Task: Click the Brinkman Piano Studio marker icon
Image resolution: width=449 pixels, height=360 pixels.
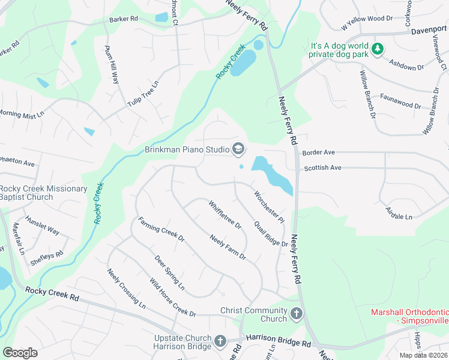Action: coord(238,149)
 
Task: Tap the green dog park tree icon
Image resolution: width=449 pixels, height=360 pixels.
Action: coord(378,49)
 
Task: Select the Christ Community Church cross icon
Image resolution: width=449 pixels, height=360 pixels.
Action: coord(297,314)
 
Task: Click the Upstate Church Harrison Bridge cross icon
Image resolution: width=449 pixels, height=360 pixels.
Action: coord(220,342)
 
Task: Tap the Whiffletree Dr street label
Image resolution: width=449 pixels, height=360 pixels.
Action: coord(224,215)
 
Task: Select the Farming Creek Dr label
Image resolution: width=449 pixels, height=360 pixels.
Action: coord(161,229)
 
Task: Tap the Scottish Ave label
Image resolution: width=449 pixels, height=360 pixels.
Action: coord(322,168)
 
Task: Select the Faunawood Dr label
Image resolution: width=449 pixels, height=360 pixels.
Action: coord(400,104)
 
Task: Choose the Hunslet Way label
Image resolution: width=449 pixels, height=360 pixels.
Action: coord(46,230)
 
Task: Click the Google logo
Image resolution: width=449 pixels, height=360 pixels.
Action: coord(20,352)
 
